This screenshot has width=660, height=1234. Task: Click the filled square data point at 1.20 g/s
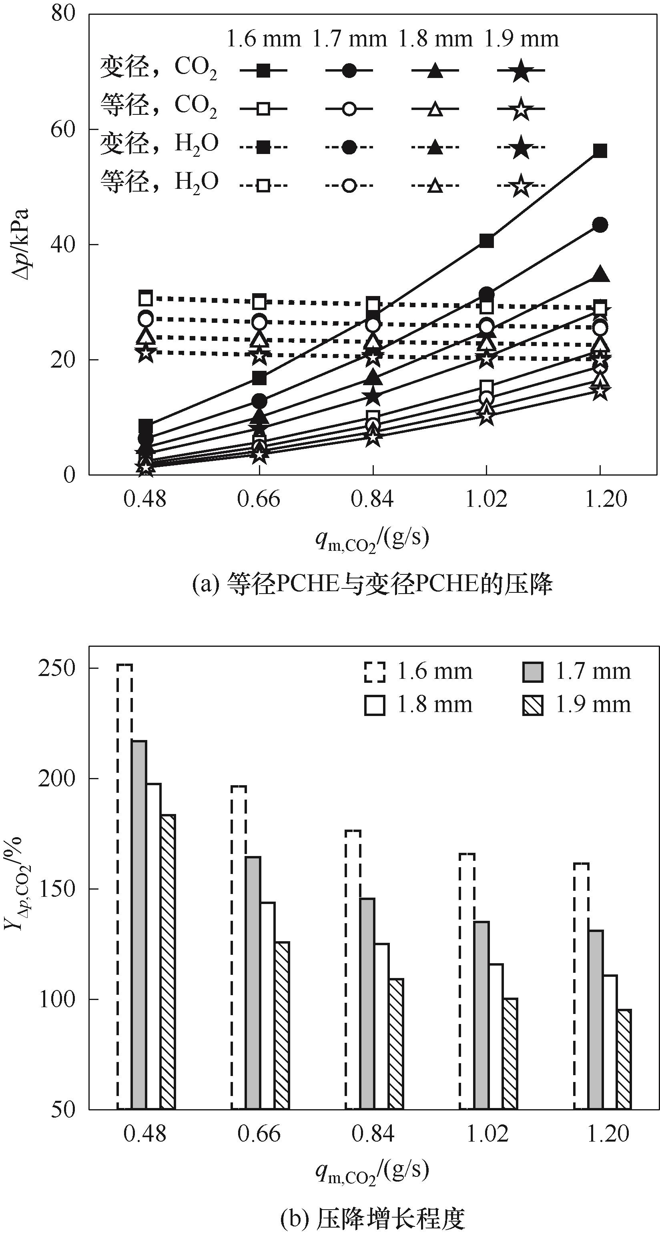600,151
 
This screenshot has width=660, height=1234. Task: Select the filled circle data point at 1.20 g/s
600,225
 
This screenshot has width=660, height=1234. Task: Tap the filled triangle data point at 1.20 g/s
600,274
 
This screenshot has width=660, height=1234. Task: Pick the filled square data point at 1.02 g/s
486,240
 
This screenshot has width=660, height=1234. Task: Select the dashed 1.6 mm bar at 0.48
124,886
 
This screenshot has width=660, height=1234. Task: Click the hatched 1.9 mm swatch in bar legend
533,705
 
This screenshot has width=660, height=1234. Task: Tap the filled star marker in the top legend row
521,71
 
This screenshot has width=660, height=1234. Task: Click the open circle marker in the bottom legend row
349,185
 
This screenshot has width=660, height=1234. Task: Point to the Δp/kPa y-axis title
20,244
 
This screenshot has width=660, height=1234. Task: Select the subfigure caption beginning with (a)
372,584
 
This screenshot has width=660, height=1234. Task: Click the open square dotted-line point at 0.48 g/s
146,298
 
